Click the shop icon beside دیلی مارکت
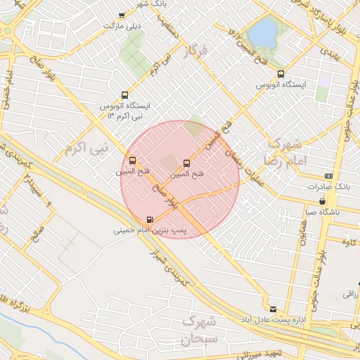122,15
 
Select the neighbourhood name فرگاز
196,51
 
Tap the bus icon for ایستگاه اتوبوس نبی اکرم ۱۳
124,95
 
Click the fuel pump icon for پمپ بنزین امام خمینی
149,219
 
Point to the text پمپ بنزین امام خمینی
149,230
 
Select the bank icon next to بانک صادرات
328,176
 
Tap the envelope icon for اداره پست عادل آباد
273,309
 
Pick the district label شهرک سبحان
202,330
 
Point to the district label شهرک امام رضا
284,152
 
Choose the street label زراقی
350,295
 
